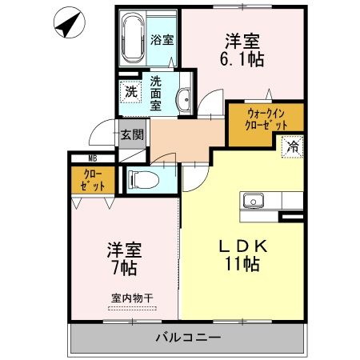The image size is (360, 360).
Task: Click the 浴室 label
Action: (162, 38)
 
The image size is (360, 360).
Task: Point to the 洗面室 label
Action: (157, 91)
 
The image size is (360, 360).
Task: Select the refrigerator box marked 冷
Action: (293, 147)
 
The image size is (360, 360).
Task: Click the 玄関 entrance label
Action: (132, 134)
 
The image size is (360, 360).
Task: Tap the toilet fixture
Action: (139, 178)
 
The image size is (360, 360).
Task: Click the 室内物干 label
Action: (132, 298)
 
